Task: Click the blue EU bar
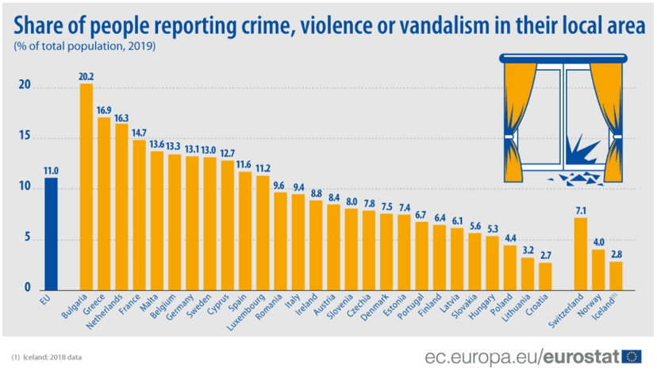(51, 234)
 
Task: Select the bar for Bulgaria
(86, 187)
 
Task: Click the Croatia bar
(545, 276)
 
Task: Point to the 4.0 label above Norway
(598, 243)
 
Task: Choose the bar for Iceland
(616, 275)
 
